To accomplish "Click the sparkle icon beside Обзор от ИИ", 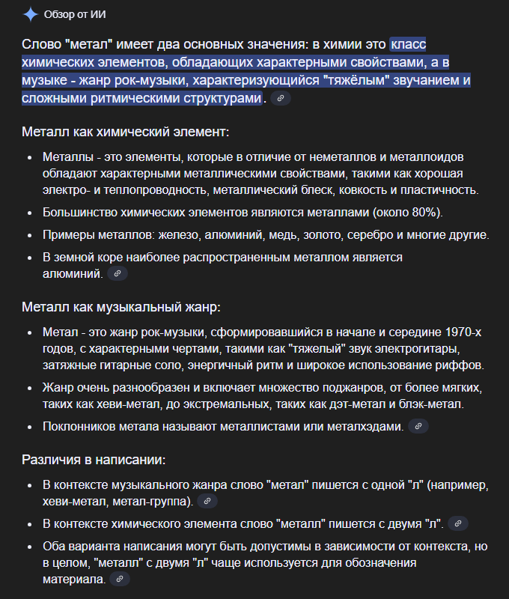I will click(x=31, y=14).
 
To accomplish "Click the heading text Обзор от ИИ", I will click(x=76, y=15).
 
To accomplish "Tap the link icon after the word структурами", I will click(x=281, y=99).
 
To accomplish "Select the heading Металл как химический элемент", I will click(x=125, y=133).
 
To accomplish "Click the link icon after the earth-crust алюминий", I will click(x=118, y=274).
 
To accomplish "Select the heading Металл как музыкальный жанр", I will click(x=121, y=308).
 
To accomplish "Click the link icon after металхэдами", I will click(x=418, y=427).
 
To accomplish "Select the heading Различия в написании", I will click(x=94, y=460).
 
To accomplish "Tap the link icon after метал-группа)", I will click(x=208, y=501).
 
